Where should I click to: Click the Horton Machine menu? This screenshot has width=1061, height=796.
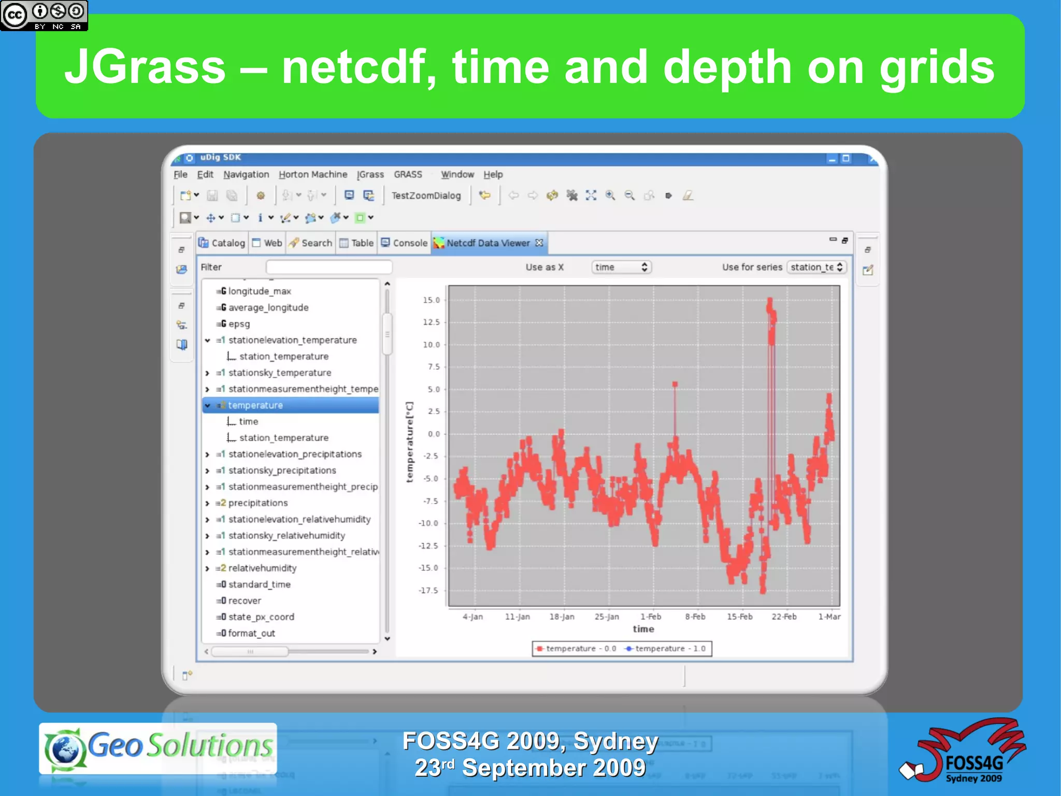pyautogui.click(x=313, y=175)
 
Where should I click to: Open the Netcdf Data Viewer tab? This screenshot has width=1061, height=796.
pyautogui.click(x=488, y=243)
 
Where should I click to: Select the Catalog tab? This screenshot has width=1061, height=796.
pyautogui.click(x=222, y=243)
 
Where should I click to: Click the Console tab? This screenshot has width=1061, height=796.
pyautogui.click(x=405, y=243)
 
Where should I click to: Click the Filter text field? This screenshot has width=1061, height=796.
pyautogui.click(x=329, y=267)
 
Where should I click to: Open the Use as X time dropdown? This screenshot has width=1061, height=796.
pyautogui.click(x=621, y=267)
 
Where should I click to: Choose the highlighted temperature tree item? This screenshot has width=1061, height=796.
pyautogui.click(x=255, y=406)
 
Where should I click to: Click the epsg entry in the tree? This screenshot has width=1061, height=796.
pyautogui.click(x=239, y=324)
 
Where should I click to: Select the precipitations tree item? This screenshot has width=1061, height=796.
pyautogui.click(x=257, y=503)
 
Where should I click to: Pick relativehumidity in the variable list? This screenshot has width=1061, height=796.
pyautogui.click(x=262, y=568)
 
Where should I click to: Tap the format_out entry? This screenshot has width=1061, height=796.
pyautogui.click(x=251, y=633)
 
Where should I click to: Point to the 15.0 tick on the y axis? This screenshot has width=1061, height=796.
pyautogui.click(x=431, y=300)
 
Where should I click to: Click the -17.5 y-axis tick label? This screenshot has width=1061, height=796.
pyautogui.click(x=428, y=591)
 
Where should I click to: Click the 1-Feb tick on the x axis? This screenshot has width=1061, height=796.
pyautogui.click(x=651, y=617)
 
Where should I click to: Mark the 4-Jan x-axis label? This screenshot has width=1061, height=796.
pyautogui.click(x=472, y=617)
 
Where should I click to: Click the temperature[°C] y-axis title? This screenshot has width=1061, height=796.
pyautogui.click(x=410, y=442)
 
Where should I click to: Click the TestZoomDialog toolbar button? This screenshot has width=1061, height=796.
pyautogui.click(x=426, y=196)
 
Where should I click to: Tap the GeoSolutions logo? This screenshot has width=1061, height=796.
pyautogui.click(x=158, y=747)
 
